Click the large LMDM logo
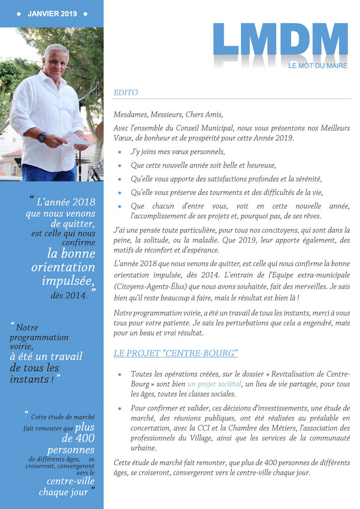[280, 40]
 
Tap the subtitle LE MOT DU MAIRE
[318, 66]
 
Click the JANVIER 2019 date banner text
[52, 14]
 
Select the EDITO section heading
[126, 92]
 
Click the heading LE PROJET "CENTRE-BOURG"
[176, 353]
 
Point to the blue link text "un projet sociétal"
[214, 384]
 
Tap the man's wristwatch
[42, 137]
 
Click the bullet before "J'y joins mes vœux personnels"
[120, 152]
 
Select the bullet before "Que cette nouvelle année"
[120, 166]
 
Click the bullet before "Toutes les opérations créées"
[120, 374]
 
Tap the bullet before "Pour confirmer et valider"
[120, 408]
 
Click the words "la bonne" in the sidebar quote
[71, 254]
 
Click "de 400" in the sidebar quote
[78, 438]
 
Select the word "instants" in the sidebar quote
[28, 380]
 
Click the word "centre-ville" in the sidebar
[71, 481]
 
